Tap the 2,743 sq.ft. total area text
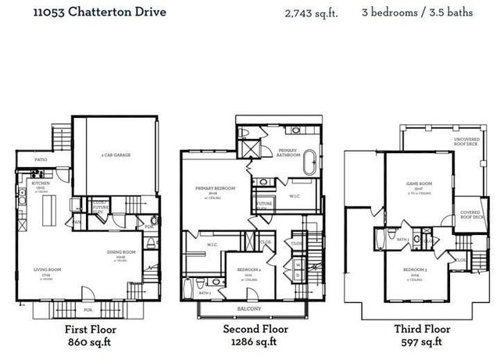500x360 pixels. pyautogui.click(x=311, y=12)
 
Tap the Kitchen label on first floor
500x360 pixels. pyautogui.click(x=41, y=184)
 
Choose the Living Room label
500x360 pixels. pyautogui.click(x=47, y=270)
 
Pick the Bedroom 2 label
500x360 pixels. pyautogui.click(x=249, y=270)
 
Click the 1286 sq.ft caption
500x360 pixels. pyautogui.click(x=250, y=342)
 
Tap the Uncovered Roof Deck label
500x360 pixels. pyautogui.click(x=467, y=142)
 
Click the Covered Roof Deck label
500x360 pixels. pyautogui.click(x=470, y=213)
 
